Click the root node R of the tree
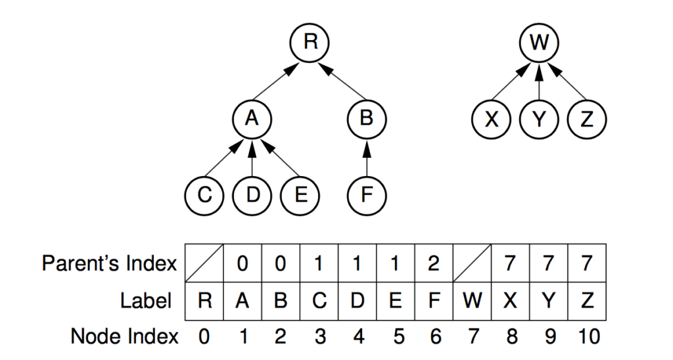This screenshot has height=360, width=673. pos(310,43)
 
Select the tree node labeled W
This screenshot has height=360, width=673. pos(539,43)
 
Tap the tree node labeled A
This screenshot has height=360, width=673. pos(252,119)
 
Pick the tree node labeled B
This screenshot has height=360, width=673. pos(367,119)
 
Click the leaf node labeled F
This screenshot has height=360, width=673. pos(367,195)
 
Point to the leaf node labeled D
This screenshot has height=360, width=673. pos(252,195)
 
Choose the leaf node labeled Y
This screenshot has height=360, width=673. pos(539,119)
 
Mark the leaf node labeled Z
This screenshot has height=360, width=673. pos(587,119)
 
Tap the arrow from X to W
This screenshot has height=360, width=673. pos(510,81)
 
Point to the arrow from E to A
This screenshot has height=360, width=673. pos(280,158)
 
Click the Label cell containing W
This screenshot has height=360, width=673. pos(472,302)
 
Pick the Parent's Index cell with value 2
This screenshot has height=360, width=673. pos(434,263)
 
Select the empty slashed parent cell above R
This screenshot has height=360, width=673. pos(204,263)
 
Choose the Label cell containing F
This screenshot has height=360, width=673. pos(434,302)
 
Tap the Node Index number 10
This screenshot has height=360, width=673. pos(588,336)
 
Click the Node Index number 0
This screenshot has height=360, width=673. pos(204,336)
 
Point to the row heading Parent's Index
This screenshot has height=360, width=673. pos(110,263)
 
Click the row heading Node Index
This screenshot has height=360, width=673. pos(124,336)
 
